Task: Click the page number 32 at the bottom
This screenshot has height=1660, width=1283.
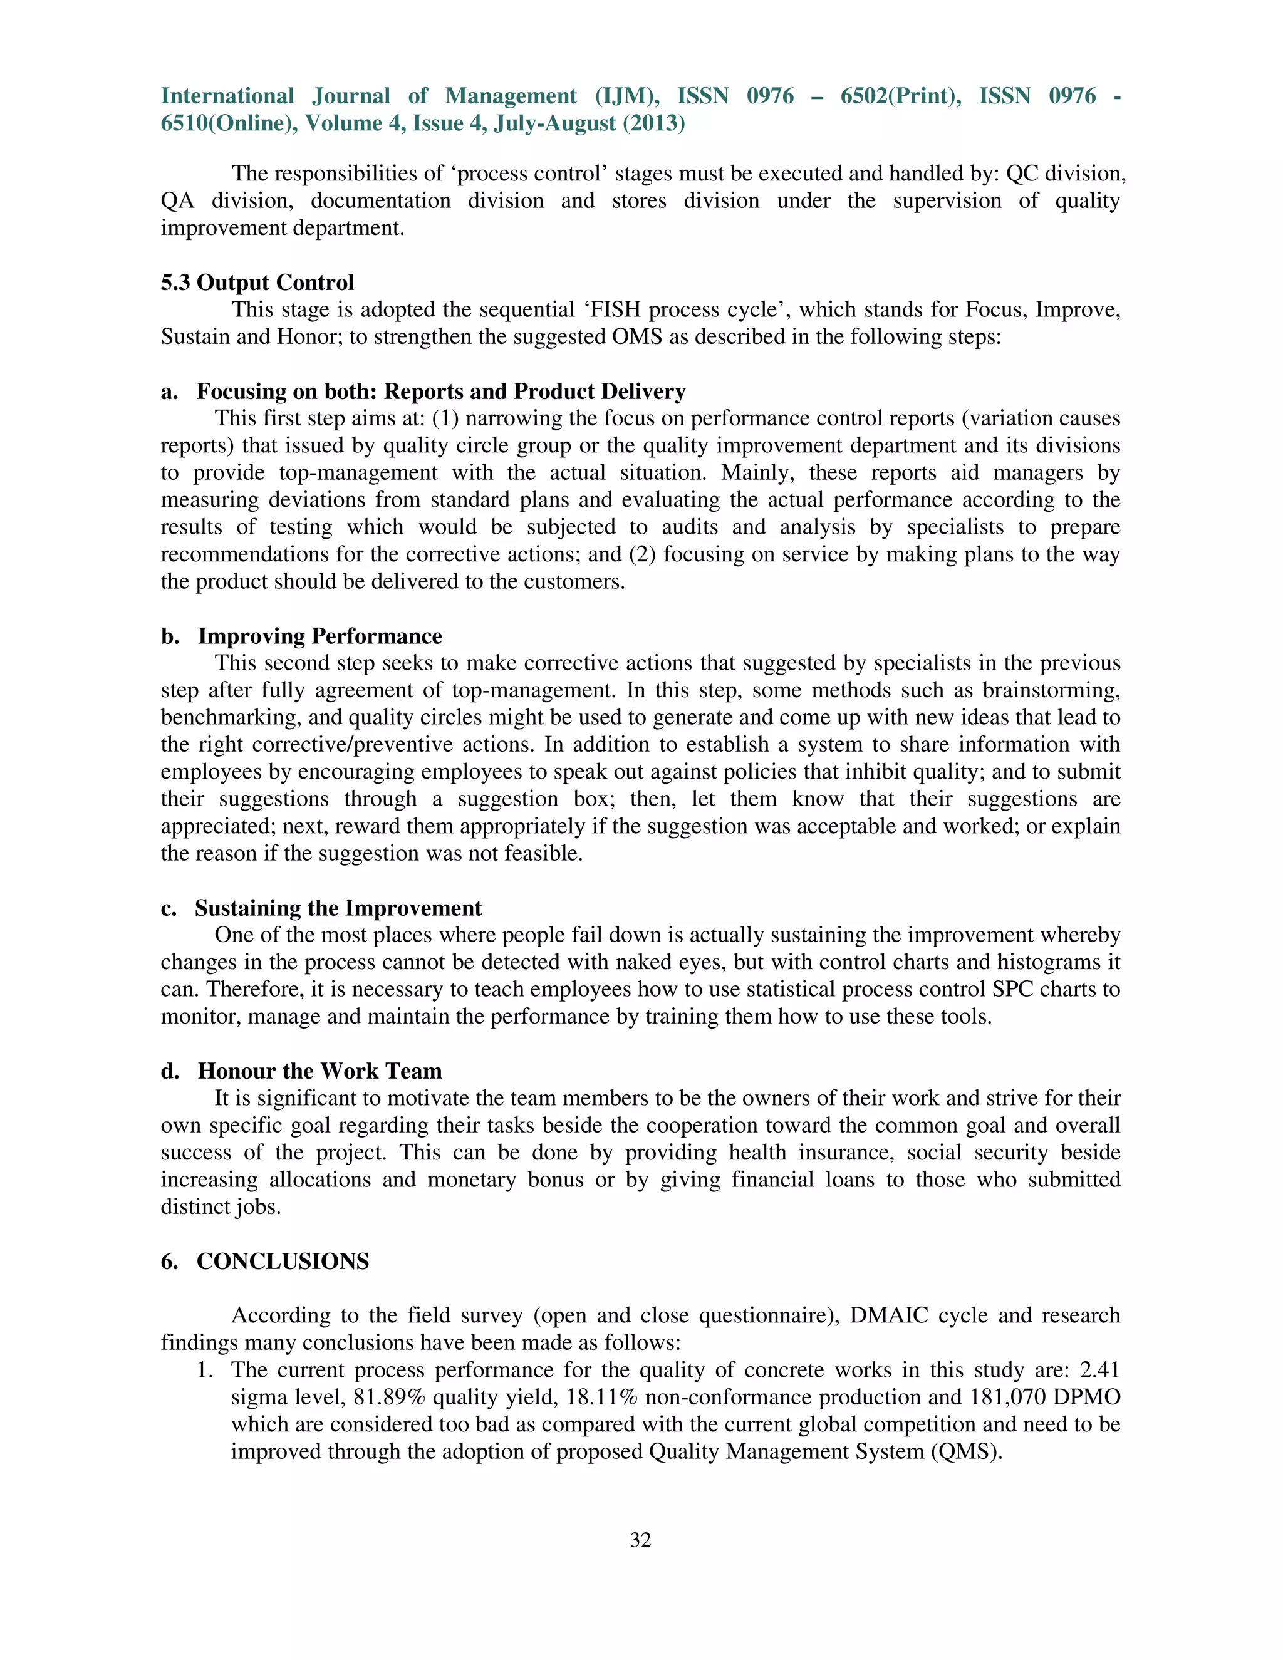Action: [x=641, y=1540]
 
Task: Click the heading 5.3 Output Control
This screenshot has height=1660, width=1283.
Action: [x=257, y=282]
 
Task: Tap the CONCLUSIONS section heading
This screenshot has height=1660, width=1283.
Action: [x=283, y=1261]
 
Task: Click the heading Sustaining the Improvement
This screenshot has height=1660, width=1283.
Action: [x=338, y=908]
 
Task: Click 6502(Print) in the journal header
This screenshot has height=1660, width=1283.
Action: [x=900, y=96]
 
